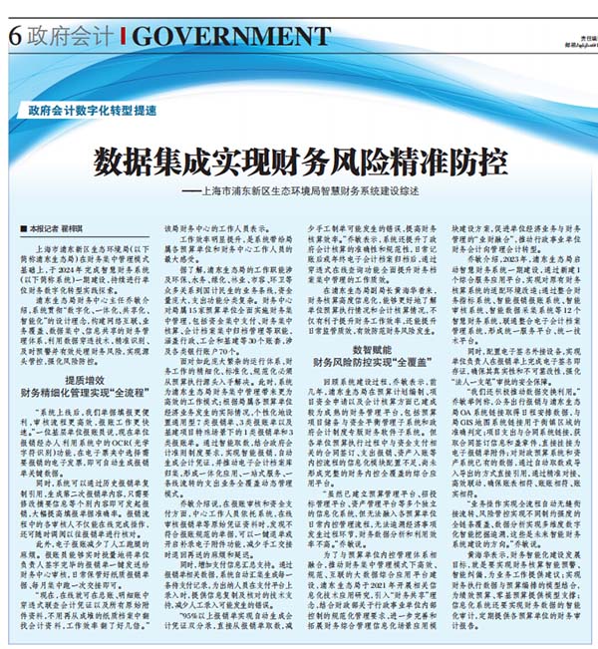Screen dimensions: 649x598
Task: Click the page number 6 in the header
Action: pos(14,35)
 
